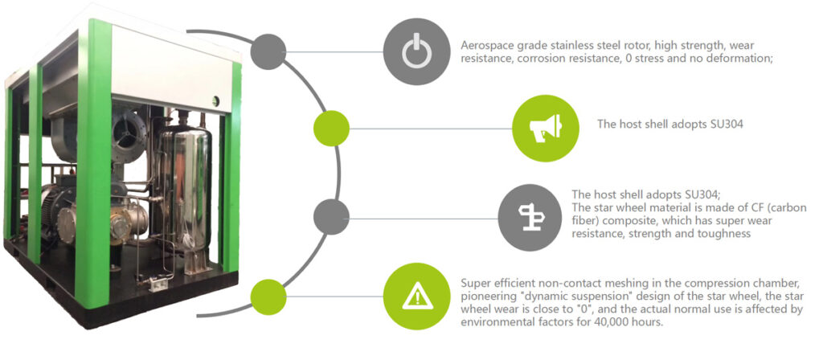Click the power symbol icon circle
[417, 51]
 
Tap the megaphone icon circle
[546, 128]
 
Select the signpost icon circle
[531, 217]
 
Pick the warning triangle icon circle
[417, 296]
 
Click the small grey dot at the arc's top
[268, 51]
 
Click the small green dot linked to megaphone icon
[331, 128]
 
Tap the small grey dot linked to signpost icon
[331, 217]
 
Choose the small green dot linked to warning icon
[268, 297]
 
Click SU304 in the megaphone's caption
[723, 125]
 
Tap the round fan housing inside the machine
[129, 131]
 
